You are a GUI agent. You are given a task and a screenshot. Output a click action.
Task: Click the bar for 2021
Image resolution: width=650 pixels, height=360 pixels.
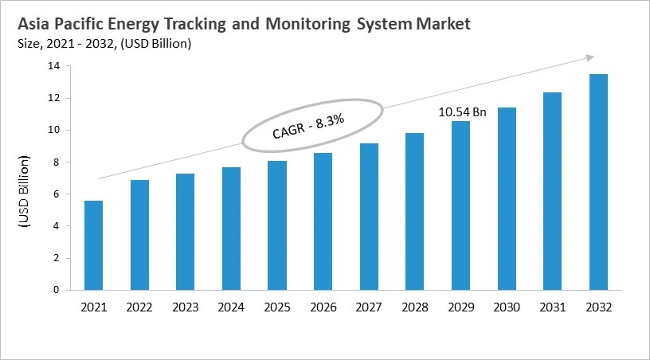coord(93,245)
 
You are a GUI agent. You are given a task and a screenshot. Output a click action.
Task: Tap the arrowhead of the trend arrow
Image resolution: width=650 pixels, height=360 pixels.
coord(590,57)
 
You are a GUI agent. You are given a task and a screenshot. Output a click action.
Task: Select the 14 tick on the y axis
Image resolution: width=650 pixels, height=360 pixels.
coord(54,66)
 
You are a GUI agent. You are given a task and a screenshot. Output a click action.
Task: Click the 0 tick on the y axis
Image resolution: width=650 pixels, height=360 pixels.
coord(57,290)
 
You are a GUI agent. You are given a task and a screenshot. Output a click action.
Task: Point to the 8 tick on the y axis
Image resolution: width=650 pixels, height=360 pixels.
coord(57,162)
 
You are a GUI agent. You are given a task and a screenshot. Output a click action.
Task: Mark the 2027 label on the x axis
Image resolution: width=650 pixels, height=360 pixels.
coord(369,307)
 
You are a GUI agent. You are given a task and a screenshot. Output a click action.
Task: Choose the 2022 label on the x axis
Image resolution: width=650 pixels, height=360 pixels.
coord(139,307)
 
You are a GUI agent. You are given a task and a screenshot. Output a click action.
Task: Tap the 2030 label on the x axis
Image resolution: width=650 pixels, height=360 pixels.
coord(507,307)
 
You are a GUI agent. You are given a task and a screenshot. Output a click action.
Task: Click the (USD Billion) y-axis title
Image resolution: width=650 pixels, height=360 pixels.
coord(24,194)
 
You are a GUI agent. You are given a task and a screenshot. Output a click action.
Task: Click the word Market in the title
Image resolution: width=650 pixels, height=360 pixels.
coord(441,24)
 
